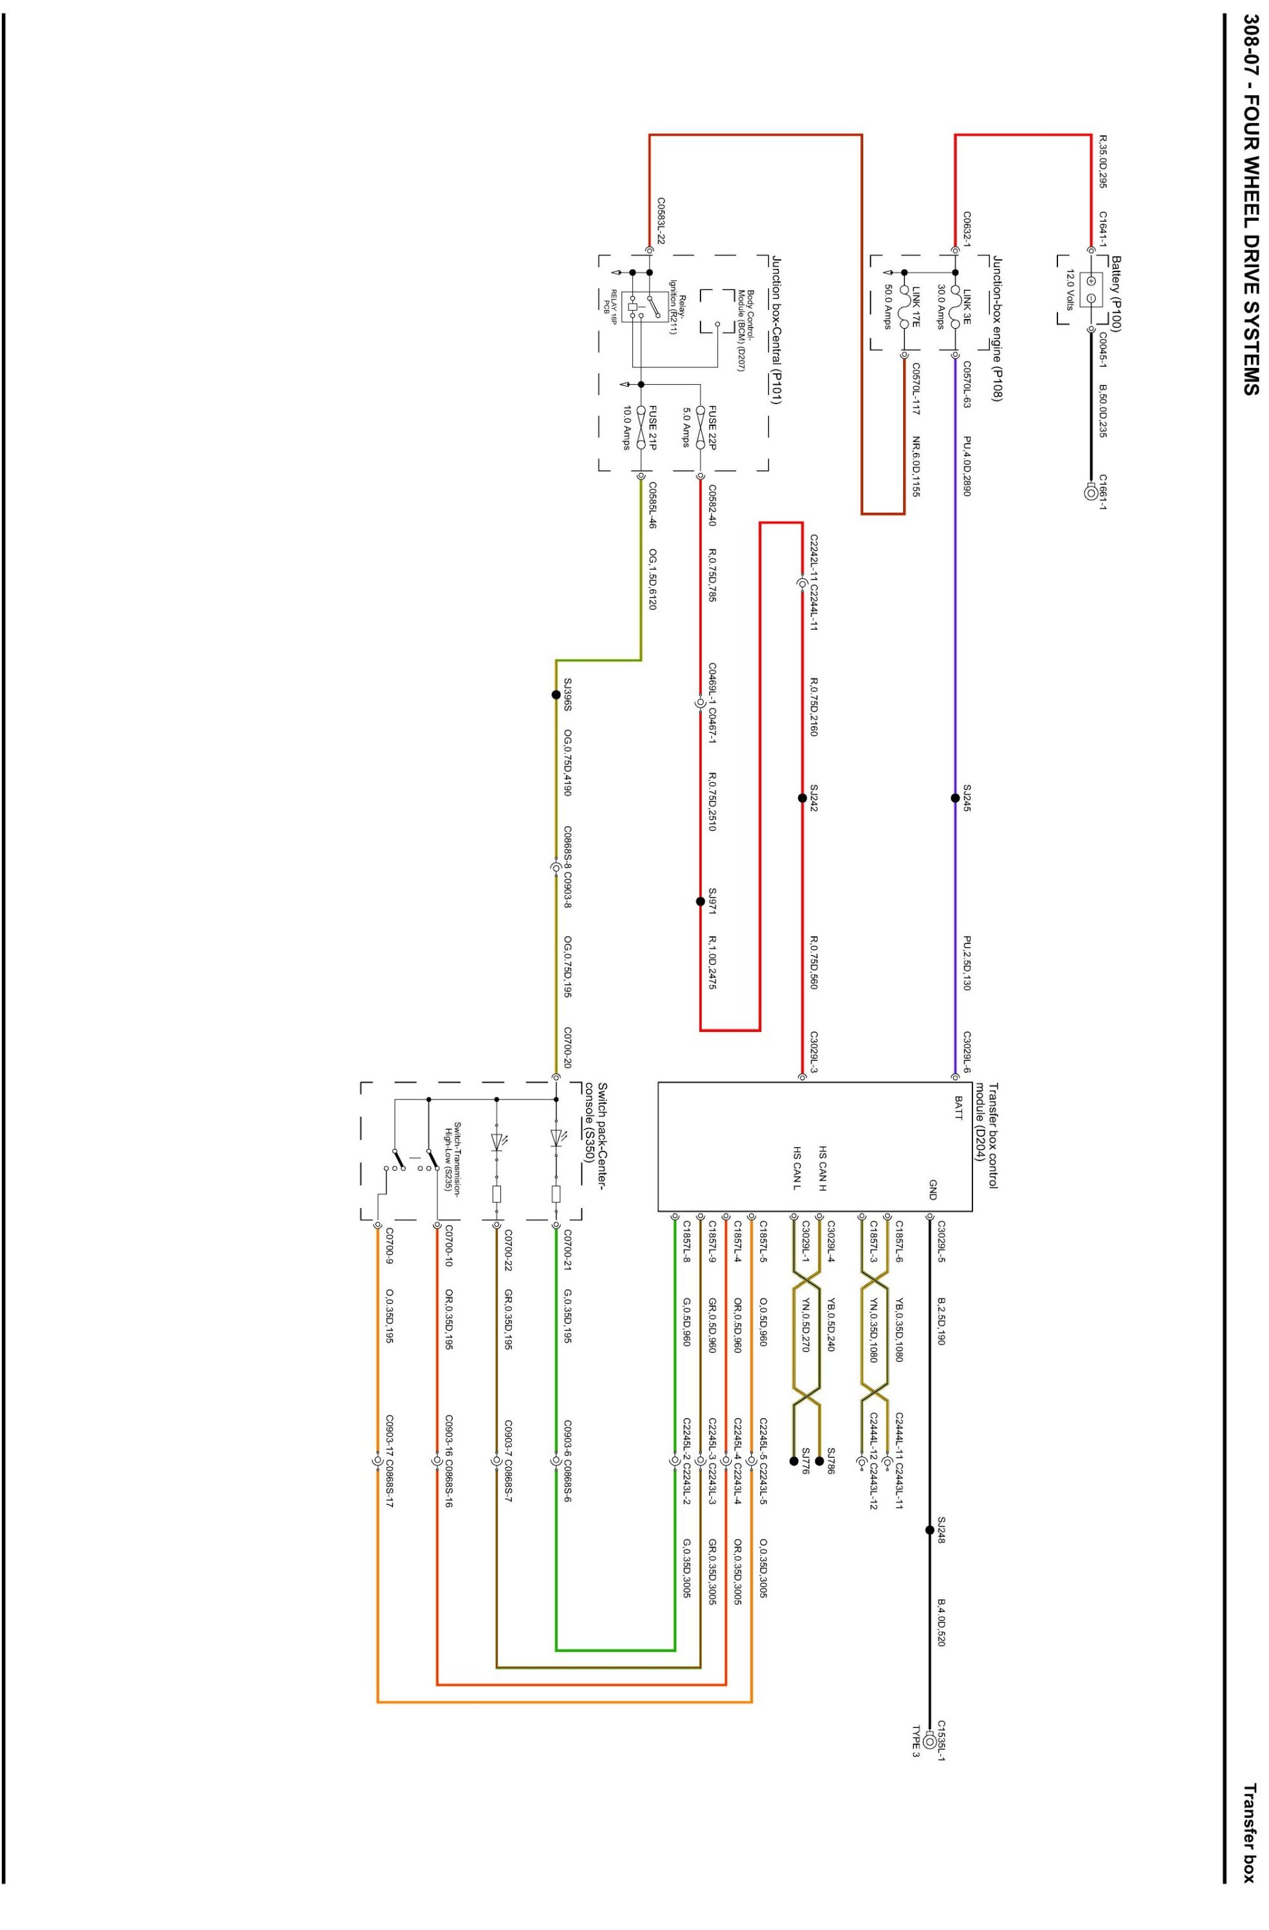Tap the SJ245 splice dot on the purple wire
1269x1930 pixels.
tap(955, 798)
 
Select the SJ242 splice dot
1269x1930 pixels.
tap(802, 798)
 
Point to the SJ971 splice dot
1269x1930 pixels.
tap(700, 901)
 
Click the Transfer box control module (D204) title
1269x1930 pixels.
tap(986, 1135)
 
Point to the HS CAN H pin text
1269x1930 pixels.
tap(821, 1168)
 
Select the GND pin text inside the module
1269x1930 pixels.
tap(933, 1190)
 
